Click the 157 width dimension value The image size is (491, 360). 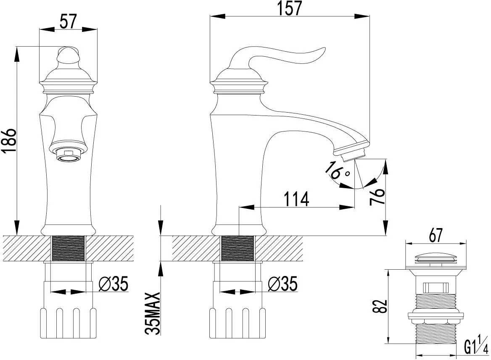pyautogui.click(x=290, y=8)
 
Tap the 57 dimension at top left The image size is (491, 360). pyautogui.click(x=68, y=22)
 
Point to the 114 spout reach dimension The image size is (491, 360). pyautogui.click(x=296, y=199)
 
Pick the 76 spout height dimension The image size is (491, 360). pyautogui.click(x=377, y=196)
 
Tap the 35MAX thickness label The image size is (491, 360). pyautogui.click(x=153, y=313)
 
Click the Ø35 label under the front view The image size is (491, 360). pyautogui.click(x=114, y=284)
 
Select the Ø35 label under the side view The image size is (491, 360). pyautogui.click(x=282, y=284)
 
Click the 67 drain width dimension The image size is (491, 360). pyautogui.click(x=436, y=235)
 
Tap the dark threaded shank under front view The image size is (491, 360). pyautogui.click(x=68, y=248)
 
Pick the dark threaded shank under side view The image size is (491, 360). pyautogui.click(x=237, y=248)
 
